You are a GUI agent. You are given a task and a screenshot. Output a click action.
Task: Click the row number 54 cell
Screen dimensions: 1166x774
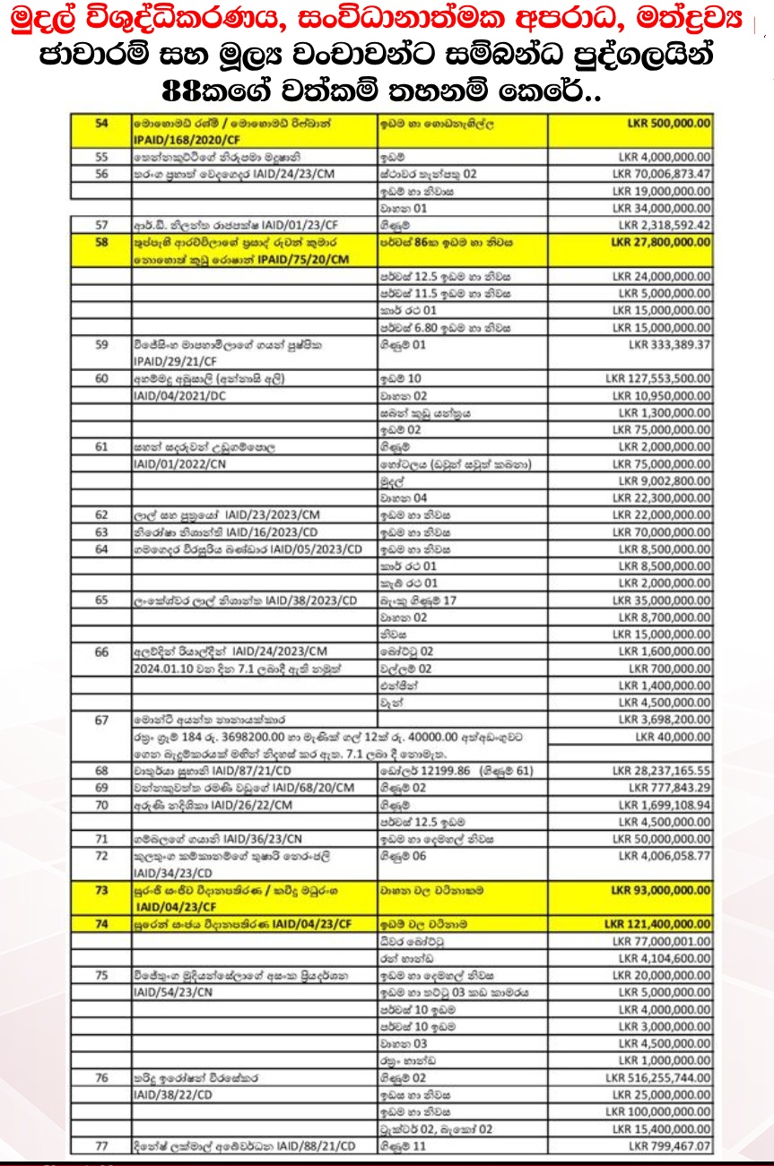point(101,123)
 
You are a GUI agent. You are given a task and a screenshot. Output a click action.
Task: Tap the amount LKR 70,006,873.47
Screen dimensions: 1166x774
point(662,174)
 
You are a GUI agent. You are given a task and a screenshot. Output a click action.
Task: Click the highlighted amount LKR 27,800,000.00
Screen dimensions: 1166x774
point(660,242)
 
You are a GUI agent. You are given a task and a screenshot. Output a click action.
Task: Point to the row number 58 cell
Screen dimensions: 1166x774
point(101,242)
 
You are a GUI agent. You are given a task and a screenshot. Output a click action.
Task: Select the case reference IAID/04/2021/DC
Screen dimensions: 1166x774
point(177,396)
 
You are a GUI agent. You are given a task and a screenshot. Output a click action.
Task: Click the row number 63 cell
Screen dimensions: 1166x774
point(101,532)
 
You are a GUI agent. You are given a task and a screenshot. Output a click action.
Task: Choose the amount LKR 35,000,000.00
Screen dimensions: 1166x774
point(662,600)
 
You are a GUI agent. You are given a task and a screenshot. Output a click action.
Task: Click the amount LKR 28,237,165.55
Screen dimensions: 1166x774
point(662,771)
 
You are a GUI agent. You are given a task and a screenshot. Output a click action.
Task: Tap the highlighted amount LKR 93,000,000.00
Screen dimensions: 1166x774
point(660,890)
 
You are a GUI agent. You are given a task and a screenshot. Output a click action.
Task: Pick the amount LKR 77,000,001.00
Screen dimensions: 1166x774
point(662,941)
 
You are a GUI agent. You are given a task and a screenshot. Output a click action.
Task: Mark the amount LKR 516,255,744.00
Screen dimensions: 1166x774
point(659,1078)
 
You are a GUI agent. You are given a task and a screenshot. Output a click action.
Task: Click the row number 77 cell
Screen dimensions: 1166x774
point(101,1146)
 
